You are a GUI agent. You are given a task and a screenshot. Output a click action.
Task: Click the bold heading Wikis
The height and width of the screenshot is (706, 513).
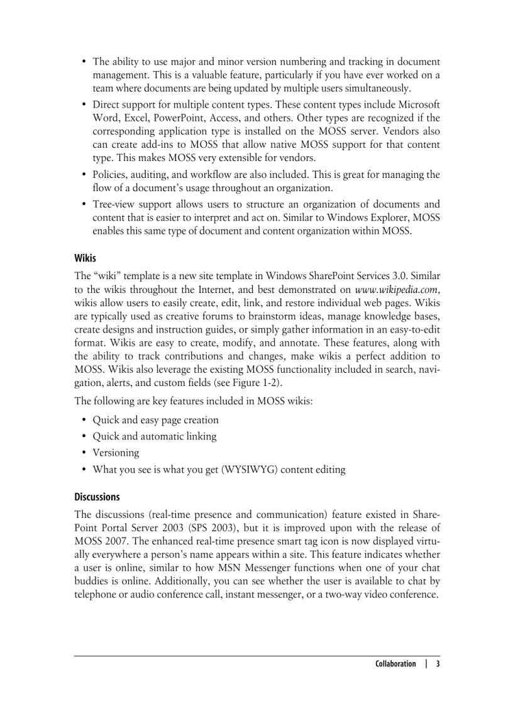click(85, 258)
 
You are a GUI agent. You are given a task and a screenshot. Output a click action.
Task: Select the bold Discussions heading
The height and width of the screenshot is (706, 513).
click(97, 497)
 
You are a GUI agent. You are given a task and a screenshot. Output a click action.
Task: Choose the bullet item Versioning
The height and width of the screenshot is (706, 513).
click(116, 453)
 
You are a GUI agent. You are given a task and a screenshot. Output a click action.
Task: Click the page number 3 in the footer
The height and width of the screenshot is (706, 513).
click(438, 663)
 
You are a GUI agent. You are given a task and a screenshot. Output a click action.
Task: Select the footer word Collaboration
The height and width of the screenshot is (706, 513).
click(395, 663)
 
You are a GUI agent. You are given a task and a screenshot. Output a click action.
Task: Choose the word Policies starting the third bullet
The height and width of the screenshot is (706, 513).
click(109, 174)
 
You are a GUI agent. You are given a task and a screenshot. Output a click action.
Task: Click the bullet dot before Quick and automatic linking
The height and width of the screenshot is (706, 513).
click(84, 436)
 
